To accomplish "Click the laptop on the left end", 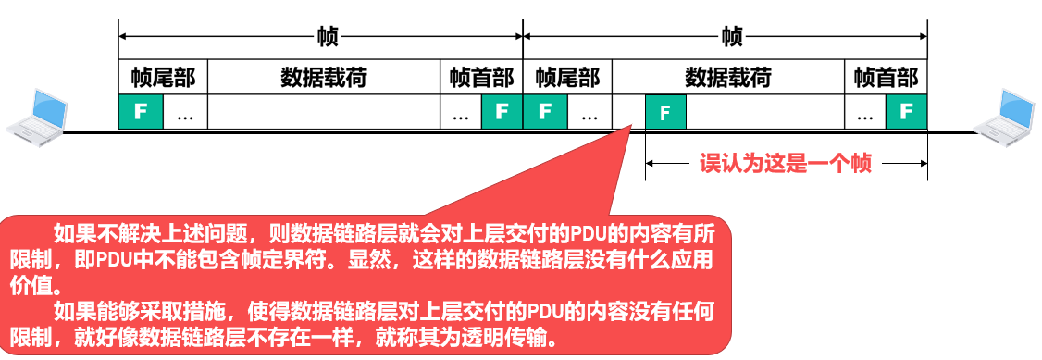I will click(x=36, y=114).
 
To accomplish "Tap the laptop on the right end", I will click(x=1008, y=114).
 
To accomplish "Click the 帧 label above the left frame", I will click(x=327, y=38).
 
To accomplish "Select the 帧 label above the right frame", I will click(x=731, y=38).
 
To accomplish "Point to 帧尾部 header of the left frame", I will click(x=164, y=78).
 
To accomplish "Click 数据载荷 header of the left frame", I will click(x=324, y=78).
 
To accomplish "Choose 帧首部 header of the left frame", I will click(x=481, y=78).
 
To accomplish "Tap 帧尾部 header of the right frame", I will click(x=567, y=78).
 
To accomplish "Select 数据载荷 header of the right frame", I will click(x=728, y=78).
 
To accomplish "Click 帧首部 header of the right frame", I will click(x=886, y=78).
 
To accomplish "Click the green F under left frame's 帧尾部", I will click(x=141, y=112).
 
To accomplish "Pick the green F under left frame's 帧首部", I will click(x=502, y=112).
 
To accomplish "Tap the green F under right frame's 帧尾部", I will click(x=545, y=112).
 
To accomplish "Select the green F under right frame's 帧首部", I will click(x=906, y=112).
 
